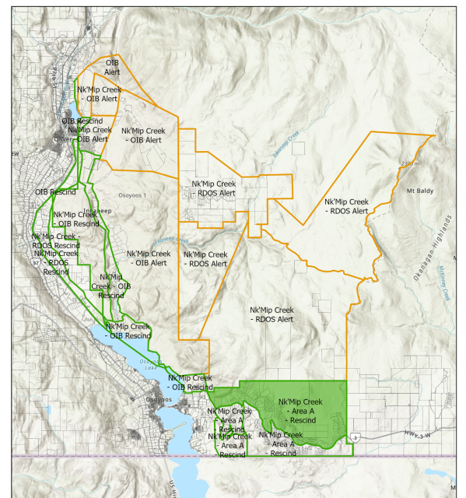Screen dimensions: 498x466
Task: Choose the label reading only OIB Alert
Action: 112,66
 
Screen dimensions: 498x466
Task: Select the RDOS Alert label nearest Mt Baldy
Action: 347,206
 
